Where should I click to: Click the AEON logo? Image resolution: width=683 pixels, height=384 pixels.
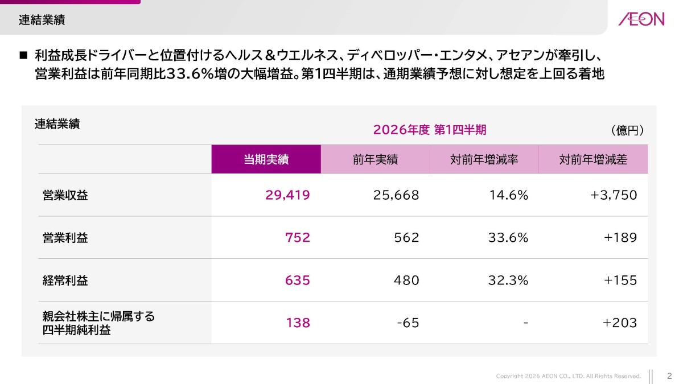(x=641, y=19)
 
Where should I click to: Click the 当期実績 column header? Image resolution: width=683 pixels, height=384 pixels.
(x=266, y=159)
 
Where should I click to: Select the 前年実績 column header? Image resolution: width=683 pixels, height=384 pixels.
(x=375, y=159)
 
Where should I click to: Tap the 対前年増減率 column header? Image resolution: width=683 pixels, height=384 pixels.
(x=484, y=159)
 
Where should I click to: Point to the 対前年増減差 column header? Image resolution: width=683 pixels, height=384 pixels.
(x=593, y=159)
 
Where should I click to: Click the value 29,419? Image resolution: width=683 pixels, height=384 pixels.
(x=287, y=195)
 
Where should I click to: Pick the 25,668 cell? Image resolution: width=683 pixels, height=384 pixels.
(x=396, y=195)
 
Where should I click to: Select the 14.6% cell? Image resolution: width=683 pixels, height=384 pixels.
(x=509, y=195)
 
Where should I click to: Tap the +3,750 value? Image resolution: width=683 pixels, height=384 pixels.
(x=614, y=195)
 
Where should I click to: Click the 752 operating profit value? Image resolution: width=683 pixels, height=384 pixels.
(x=298, y=237)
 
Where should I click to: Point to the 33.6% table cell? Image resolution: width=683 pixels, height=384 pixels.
(x=508, y=237)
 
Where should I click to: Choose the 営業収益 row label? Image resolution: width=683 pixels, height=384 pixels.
(x=65, y=195)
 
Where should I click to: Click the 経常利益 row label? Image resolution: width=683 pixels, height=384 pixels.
(x=65, y=280)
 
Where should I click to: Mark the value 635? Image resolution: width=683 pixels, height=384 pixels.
(x=298, y=280)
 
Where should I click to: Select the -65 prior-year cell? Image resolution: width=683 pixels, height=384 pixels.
(x=408, y=323)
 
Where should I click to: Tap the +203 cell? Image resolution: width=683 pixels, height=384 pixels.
(x=620, y=323)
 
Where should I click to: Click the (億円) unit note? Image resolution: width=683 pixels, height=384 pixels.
(x=627, y=130)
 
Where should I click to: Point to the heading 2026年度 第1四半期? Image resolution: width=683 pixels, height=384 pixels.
(x=430, y=130)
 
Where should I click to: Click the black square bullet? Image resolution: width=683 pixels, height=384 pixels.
(x=23, y=56)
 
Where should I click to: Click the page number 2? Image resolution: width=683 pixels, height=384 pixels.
(x=669, y=376)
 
